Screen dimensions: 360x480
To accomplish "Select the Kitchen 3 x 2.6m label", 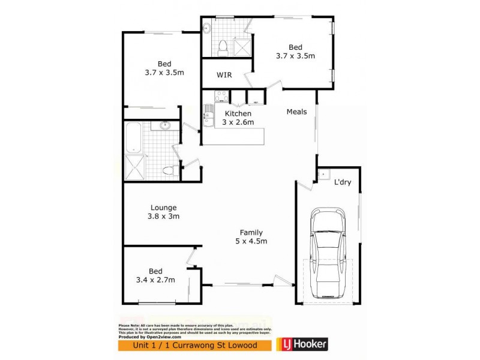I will coord(238,118).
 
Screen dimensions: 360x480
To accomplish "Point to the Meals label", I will coord(296,112).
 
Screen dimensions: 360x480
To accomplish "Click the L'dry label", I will coord(343,182).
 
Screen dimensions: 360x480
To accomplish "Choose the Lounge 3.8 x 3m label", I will coord(164,212).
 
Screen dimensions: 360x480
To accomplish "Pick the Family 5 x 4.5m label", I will coord(251,237).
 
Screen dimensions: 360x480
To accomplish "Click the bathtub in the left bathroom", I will coord(133,138).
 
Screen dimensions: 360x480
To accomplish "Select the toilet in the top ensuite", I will coord(222,46).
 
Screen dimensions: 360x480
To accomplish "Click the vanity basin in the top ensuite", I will coord(207,27).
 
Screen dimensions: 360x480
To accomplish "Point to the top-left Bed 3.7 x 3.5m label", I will coord(164,68).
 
